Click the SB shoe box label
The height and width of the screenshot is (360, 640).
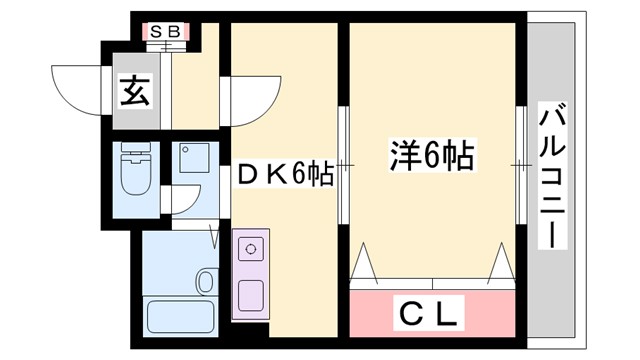tap(164, 31)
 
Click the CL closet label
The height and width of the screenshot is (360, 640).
tap(431, 316)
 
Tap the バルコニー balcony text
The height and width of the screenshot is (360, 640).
tap(553, 178)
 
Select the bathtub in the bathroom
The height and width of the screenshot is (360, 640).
tap(180, 316)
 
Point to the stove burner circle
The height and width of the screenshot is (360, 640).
tap(250, 246)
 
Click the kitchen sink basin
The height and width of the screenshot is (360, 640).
tap(250, 295)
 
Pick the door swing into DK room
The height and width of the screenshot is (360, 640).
tap(250, 100)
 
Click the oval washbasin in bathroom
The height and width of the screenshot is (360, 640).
tap(206, 282)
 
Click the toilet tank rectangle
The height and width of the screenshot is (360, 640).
tap(132, 154)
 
